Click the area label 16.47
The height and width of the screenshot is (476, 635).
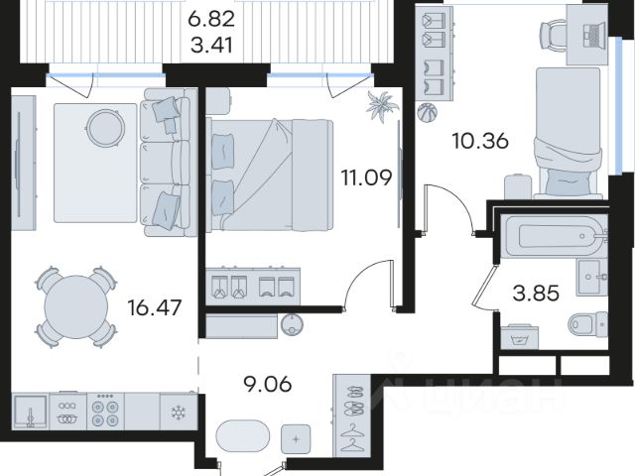pyautogui.click(x=155, y=308)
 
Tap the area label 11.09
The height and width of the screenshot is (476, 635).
pyautogui.click(x=366, y=178)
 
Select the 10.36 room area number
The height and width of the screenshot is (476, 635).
pyautogui.click(x=480, y=141)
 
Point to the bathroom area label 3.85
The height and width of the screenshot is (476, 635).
pyautogui.click(x=536, y=294)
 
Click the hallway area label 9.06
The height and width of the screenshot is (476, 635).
pyautogui.click(x=267, y=384)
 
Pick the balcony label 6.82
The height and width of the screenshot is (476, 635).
pyautogui.click(x=211, y=19)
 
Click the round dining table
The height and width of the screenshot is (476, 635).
pyautogui.click(x=76, y=306)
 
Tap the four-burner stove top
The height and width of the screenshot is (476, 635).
pyautogui.click(x=105, y=412)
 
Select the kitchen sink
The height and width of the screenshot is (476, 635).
pyautogui.click(x=30, y=412)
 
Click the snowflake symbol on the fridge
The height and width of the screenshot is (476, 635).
pyautogui.click(x=178, y=413)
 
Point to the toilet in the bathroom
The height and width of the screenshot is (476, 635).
pyautogui.click(x=588, y=324)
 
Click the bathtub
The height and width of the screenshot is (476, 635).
pyautogui.click(x=554, y=236)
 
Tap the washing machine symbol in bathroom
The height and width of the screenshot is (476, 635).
pyautogui.click(x=520, y=337)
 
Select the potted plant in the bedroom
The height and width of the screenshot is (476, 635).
pyautogui.click(x=382, y=106)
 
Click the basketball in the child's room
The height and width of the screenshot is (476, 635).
pyautogui.click(x=428, y=112)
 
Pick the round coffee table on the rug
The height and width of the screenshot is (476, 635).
pyautogui.click(x=106, y=128)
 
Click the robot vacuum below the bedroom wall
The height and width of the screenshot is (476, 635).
pyautogui.click(x=292, y=325)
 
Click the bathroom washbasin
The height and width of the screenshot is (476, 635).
pyautogui.click(x=591, y=278)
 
